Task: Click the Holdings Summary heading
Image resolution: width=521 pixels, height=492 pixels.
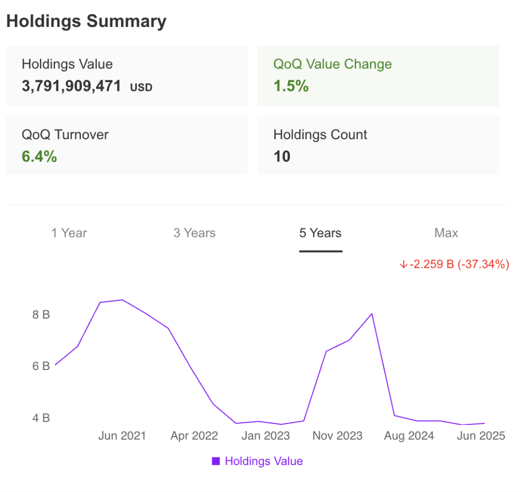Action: (x=86, y=21)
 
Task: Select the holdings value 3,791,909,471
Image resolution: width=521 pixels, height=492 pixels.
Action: (x=71, y=86)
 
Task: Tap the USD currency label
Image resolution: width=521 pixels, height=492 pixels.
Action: (x=141, y=87)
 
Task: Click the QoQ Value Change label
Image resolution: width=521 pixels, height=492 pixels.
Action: (x=332, y=64)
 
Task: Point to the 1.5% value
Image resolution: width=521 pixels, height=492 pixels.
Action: (x=291, y=86)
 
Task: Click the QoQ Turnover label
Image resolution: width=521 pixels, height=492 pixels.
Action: (x=65, y=135)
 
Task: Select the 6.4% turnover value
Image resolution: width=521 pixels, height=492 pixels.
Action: (x=39, y=157)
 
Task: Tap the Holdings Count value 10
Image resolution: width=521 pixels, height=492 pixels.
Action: (x=282, y=157)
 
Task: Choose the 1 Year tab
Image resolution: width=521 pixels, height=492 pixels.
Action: (x=69, y=233)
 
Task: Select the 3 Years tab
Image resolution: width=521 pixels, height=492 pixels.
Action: (x=194, y=233)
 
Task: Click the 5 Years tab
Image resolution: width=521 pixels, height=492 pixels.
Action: (x=320, y=233)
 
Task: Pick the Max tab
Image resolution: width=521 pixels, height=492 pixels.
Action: (x=446, y=233)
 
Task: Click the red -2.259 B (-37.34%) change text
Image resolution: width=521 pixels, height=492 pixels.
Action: (x=454, y=264)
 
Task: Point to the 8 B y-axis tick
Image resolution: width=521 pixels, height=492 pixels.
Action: (x=41, y=315)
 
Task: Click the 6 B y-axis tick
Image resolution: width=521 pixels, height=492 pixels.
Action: (x=41, y=366)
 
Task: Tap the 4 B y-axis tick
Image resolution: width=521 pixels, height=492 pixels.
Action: (x=41, y=418)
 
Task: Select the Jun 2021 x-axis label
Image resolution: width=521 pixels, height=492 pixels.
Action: (x=122, y=436)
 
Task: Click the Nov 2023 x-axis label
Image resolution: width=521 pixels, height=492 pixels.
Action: (x=337, y=436)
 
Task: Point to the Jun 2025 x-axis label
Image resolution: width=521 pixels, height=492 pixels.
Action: (x=481, y=436)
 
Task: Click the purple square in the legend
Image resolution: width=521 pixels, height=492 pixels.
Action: (x=216, y=461)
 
